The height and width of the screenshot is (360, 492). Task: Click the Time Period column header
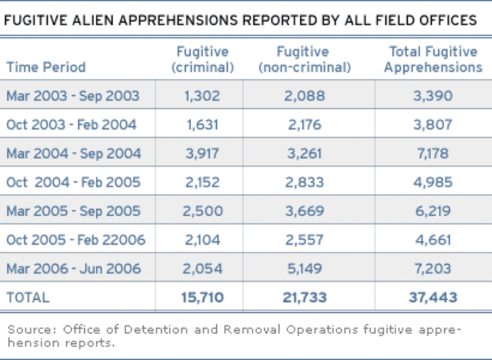click(46, 67)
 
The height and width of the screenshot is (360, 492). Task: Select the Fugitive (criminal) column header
click(203, 60)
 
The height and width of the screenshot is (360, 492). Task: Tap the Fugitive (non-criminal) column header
click(304, 60)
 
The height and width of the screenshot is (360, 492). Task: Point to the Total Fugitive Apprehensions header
click(432, 60)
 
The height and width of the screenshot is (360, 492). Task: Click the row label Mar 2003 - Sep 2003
click(73, 96)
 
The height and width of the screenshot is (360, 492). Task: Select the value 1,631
click(202, 124)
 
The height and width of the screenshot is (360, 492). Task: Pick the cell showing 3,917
click(202, 153)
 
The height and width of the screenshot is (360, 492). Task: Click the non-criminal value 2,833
click(303, 182)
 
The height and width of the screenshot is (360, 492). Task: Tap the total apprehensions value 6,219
click(432, 211)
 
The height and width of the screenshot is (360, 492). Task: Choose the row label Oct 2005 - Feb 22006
click(76, 240)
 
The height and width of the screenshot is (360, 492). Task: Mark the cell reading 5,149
click(303, 269)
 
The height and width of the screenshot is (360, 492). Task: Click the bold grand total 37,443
click(432, 298)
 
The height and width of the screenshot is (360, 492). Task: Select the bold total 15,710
click(202, 298)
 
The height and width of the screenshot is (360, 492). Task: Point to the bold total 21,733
click(303, 298)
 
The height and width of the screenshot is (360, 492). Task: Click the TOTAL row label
click(28, 298)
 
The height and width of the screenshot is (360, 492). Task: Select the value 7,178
click(432, 153)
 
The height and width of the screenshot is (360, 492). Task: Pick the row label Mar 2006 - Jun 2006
click(73, 269)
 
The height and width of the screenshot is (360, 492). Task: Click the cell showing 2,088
click(303, 96)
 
